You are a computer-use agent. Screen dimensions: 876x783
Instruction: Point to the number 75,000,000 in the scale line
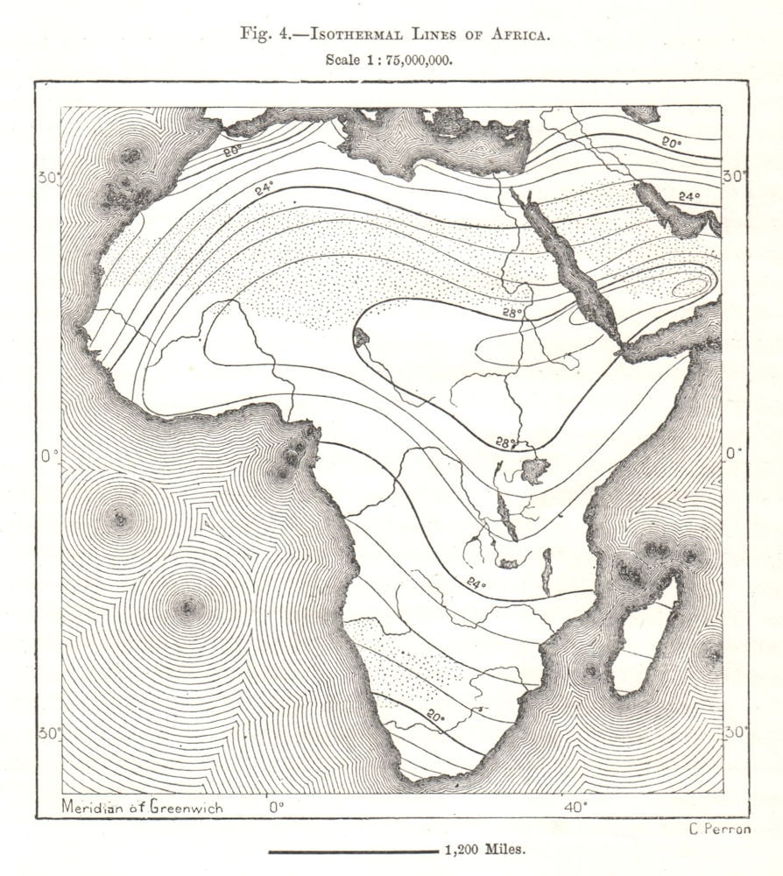(x=415, y=60)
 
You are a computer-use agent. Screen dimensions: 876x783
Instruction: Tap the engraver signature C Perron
(x=715, y=829)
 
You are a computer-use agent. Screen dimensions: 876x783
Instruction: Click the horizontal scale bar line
(x=352, y=851)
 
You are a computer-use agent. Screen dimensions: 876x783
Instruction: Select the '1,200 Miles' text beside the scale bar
(x=485, y=850)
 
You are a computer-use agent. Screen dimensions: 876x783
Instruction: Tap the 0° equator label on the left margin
(x=49, y=455)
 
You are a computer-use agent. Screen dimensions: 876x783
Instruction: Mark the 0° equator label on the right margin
(x=734, y=454)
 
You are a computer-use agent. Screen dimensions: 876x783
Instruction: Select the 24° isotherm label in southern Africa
(x=475, y=583)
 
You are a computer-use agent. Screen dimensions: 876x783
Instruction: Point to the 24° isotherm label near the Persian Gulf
(x=689, y=197)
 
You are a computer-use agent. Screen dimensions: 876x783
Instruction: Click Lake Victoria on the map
(x=534, y=470)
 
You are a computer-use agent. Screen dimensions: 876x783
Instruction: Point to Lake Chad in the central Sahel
(x=360, y=336)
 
